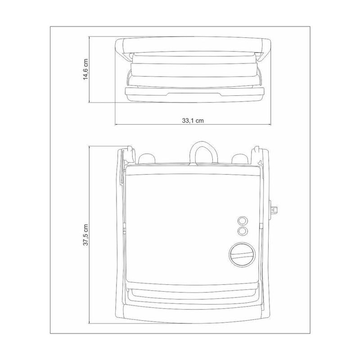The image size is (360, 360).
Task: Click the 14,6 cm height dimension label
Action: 85,69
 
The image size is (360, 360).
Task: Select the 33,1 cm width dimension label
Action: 193,121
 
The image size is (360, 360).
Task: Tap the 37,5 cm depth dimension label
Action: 85,234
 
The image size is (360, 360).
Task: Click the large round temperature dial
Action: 242,255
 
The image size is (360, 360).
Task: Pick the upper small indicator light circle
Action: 242,220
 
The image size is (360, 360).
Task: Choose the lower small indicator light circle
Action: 242,231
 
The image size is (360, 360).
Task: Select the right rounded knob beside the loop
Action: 240,159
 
